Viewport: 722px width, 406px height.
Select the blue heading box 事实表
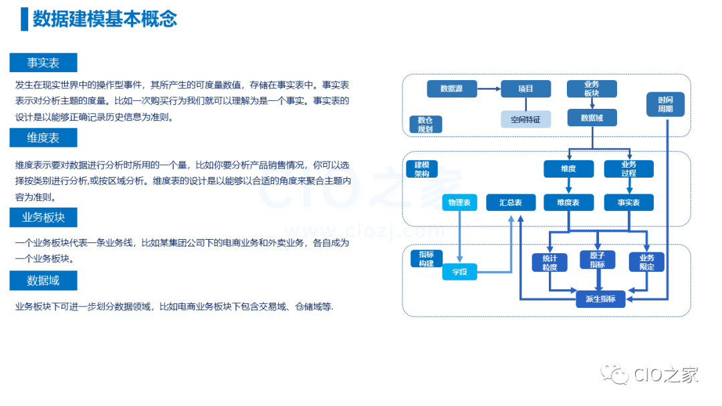pyautogui.click(x=43, y=63)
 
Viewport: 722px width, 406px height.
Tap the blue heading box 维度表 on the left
pyautogui.click(x=43, y=138)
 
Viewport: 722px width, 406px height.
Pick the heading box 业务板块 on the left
pyautogui.click(x=43, y=217)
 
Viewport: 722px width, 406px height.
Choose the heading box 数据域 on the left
pyautogui.click(x=43, y=280)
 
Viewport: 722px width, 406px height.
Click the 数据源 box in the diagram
pyautogui.click(x=451, y=89)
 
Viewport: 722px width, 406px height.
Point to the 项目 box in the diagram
pyautogui.click(x=526, y=89)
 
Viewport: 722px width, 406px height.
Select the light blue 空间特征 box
pyautogui.click(x=526, y=120)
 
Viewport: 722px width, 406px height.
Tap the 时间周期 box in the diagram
pyautogui.click(x=665, y=104)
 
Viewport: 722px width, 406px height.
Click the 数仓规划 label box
pyautogui.click(x=426, y=124)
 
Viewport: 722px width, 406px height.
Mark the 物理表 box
pyautogui.click(x=460, y=202)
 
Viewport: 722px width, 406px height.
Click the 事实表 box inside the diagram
pyautogui.click(x=628, y=202)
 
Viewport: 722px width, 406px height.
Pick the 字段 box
pyautogui.click(x=460, y=271)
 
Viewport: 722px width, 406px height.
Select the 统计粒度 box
pyautogui.click(x=550, y=262)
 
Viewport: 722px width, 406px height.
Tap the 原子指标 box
pyautogui.click(x=598, y=260)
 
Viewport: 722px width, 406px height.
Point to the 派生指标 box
pyautogui.click(x=600, y=298)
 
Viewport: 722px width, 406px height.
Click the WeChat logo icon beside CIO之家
pyautogui.click(x=613, y=375)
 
